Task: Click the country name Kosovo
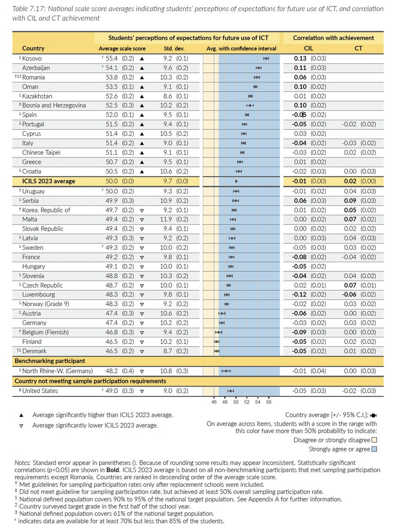(x=32, y=59)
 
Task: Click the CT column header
(x=358, y=48)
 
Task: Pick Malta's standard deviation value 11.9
(x=166, y=219)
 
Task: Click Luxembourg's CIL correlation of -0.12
(x=300, y=294)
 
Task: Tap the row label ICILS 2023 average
(x=49, y=181)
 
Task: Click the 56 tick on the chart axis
(x=269, y=403)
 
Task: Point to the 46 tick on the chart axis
(x=214, y=403)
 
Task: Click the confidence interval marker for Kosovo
(x=266, y=59)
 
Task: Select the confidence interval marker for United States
(x=231, y=391)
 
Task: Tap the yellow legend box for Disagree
(x=374, y=440)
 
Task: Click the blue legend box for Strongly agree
(x=374, y=449)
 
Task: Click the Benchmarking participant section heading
(x=50, y=361)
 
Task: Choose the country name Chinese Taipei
(x=41, y=153)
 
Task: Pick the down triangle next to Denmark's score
(x=141, y=352)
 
